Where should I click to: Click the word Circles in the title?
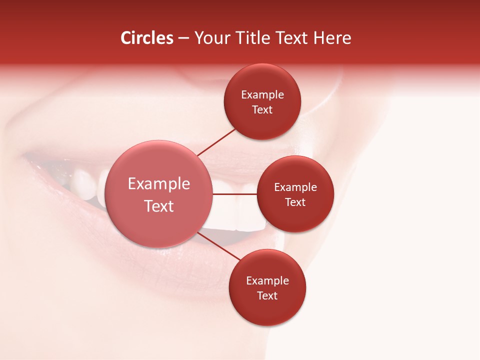click(147, 38)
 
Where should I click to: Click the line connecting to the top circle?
click(216, 142)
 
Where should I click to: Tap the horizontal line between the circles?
click(234, 194)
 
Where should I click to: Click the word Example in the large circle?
click(159, 184)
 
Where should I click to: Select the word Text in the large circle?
click(159, 206)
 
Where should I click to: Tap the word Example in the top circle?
click(262, 94)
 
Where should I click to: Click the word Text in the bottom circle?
click(267, 295)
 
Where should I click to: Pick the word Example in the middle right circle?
click(295, 187)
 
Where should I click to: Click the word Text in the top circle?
click(262, 109)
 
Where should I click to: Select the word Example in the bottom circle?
click(267, 280)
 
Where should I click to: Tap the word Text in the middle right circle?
click(295, 202)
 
